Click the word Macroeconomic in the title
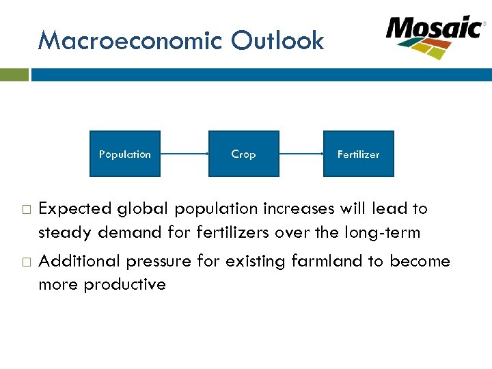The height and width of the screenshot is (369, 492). (x=131, y=41)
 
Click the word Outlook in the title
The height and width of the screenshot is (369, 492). (x=277, y=41)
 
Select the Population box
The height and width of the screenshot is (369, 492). (x=125, y=154)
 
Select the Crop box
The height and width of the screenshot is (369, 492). (x=243, y=154)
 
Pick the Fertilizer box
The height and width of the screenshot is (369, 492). (x=358, y=154)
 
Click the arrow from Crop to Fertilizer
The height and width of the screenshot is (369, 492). (x=301, y=154)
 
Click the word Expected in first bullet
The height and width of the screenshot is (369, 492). (x=75, y=208)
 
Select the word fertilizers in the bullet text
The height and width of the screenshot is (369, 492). (x=233, y=232)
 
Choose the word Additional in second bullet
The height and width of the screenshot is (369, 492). (x=76, y=261)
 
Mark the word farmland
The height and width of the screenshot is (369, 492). (x=345, y=261)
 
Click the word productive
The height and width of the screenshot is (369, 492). (x=124, y=284)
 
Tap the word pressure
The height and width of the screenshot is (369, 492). (x=148, y=261)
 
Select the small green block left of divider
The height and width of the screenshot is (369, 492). (x=14, y=74)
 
